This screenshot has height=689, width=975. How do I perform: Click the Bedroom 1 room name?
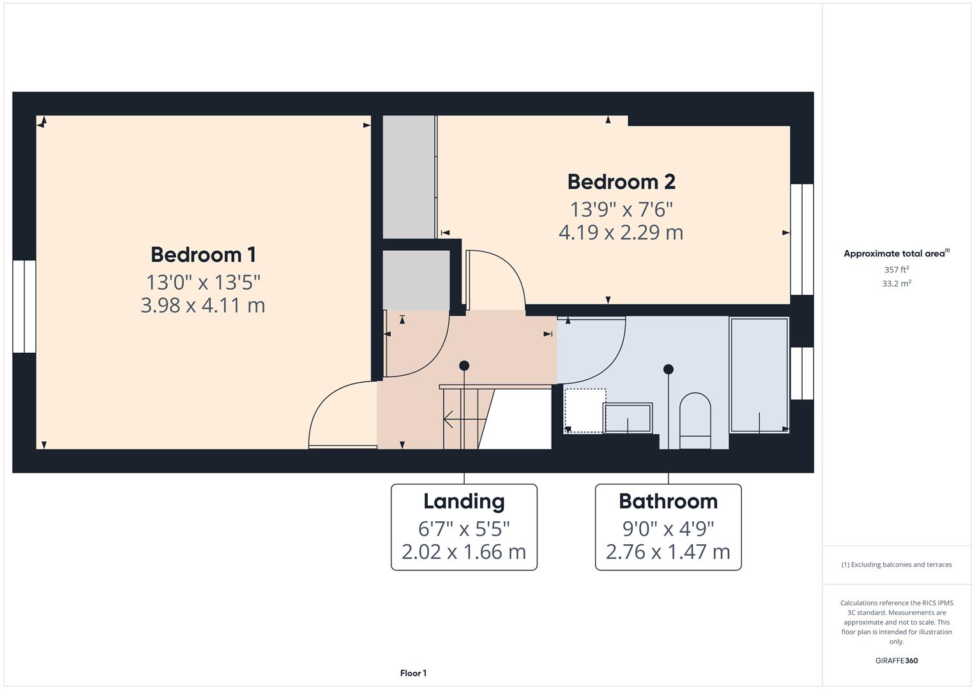[203, 255]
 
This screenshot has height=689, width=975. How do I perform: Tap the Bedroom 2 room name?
[621, 182]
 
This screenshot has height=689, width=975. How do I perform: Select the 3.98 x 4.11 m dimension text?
[203, 306]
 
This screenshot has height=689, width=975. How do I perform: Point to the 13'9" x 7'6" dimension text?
[621, 209]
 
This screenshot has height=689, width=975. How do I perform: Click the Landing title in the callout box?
[464, 501]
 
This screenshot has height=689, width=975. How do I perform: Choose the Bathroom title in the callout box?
[668, 501]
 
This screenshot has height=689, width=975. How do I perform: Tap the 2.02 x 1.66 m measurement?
[464, 552]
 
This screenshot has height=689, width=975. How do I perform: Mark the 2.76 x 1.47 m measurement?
[668, 552]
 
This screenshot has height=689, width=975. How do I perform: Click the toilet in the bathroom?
[695, 420]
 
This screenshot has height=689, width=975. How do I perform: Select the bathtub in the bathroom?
[759, 375]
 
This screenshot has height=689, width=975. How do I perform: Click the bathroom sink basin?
[628, 418]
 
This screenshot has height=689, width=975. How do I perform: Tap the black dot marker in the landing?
[464, 366]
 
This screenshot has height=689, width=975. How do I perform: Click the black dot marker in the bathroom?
[668, 369]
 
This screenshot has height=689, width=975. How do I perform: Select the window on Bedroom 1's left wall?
[24, 306]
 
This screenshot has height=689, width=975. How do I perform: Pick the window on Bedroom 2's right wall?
[802, 239]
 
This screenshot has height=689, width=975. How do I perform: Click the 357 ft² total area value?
[896, 270]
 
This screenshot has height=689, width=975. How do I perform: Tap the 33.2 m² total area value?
[896, 284]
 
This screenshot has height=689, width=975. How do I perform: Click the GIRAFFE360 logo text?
[896, 660]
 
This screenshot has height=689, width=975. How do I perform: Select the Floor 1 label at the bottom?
[413, 673]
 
